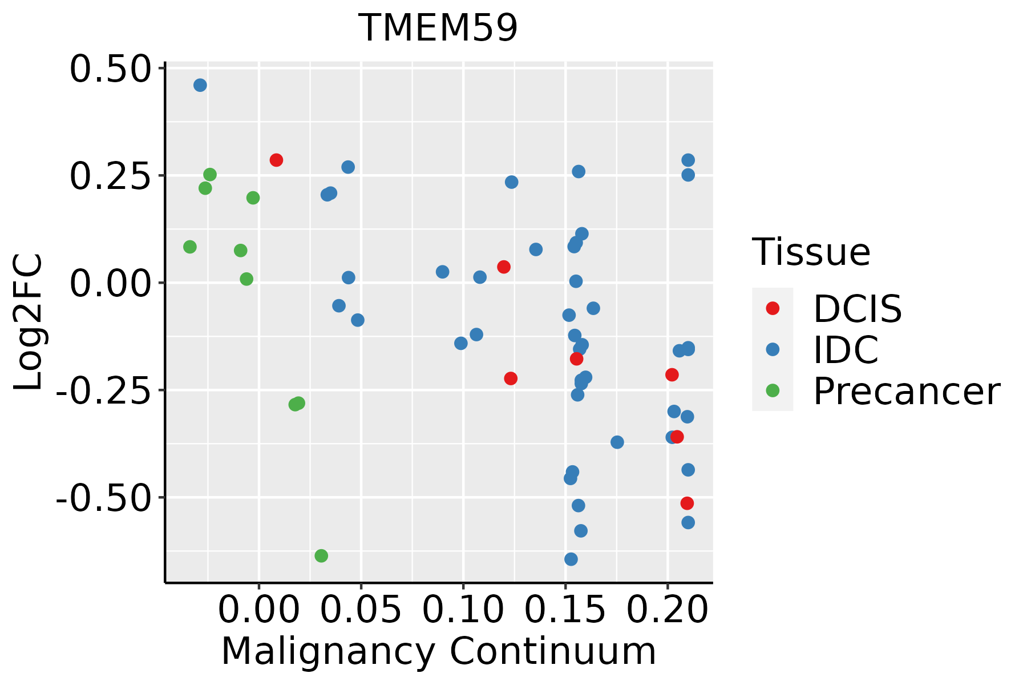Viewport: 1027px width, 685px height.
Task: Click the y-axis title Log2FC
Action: tap(29, 323)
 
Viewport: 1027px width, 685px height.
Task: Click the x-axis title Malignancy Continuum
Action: tap(438, 651)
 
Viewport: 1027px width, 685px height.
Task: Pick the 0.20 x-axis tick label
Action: tap(668, 610)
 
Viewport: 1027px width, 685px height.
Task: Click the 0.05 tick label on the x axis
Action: tap(361, 610)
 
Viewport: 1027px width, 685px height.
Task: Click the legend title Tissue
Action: tap(811, 252)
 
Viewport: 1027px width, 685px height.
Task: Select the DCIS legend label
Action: tap(857, 309)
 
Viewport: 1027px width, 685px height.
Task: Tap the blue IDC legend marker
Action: tap(773, 349)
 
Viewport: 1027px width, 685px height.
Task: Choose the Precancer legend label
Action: tap(906, 392)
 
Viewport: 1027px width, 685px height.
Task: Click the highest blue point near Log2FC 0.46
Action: tap(200, 85)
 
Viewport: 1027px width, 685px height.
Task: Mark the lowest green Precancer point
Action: tap(321, 555)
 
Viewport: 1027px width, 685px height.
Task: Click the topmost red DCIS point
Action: tap(276, 160)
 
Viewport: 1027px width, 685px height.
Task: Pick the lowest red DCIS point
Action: tap(687, 503)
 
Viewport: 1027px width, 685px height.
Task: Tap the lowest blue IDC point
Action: tap(571, 559)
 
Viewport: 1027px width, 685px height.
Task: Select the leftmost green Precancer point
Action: tap(190, 247)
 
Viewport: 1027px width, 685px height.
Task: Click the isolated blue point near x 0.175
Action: tap(617, 442)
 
